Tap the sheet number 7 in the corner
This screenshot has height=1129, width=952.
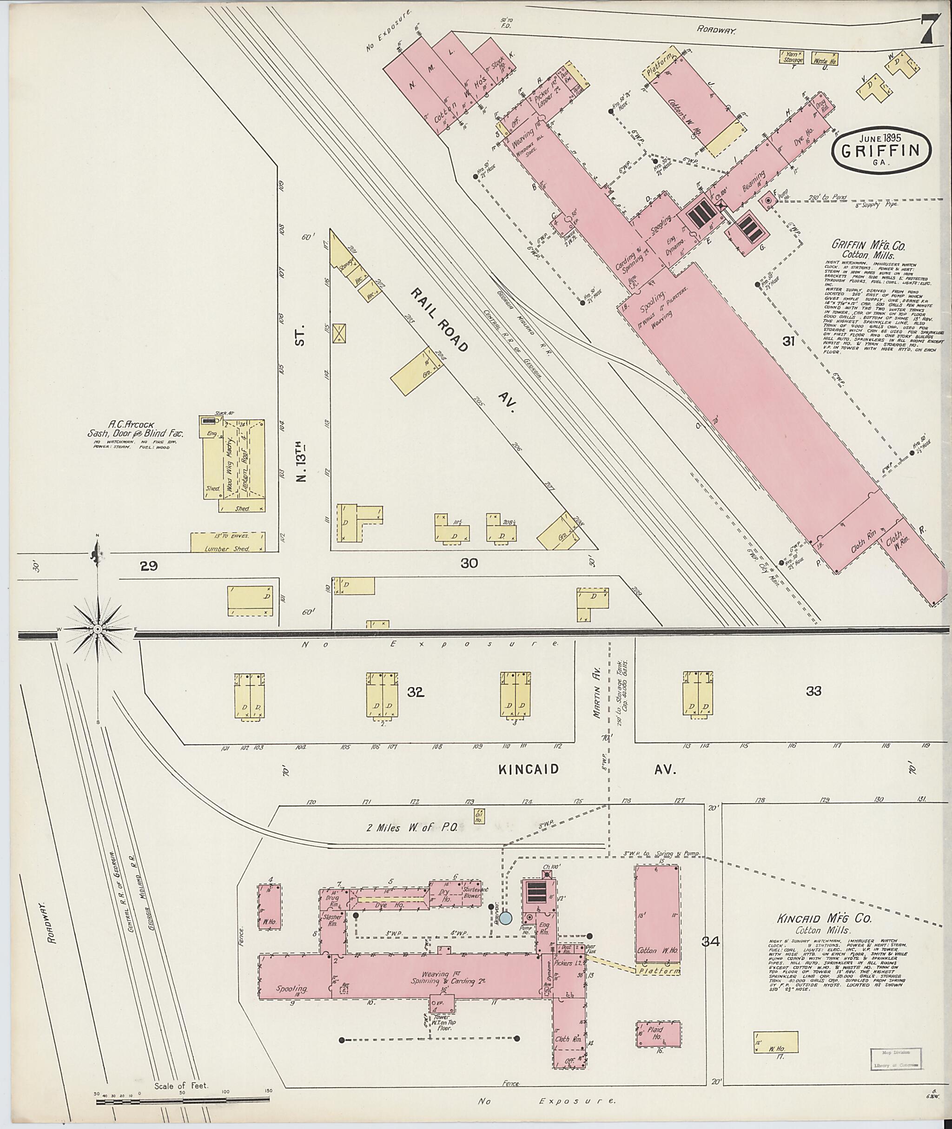927,31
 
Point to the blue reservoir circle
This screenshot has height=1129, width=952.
506,917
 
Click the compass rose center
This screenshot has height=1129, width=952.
98,629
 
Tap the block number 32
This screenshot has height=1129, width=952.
416,692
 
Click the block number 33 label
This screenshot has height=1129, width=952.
813,691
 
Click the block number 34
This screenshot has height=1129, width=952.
711,942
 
